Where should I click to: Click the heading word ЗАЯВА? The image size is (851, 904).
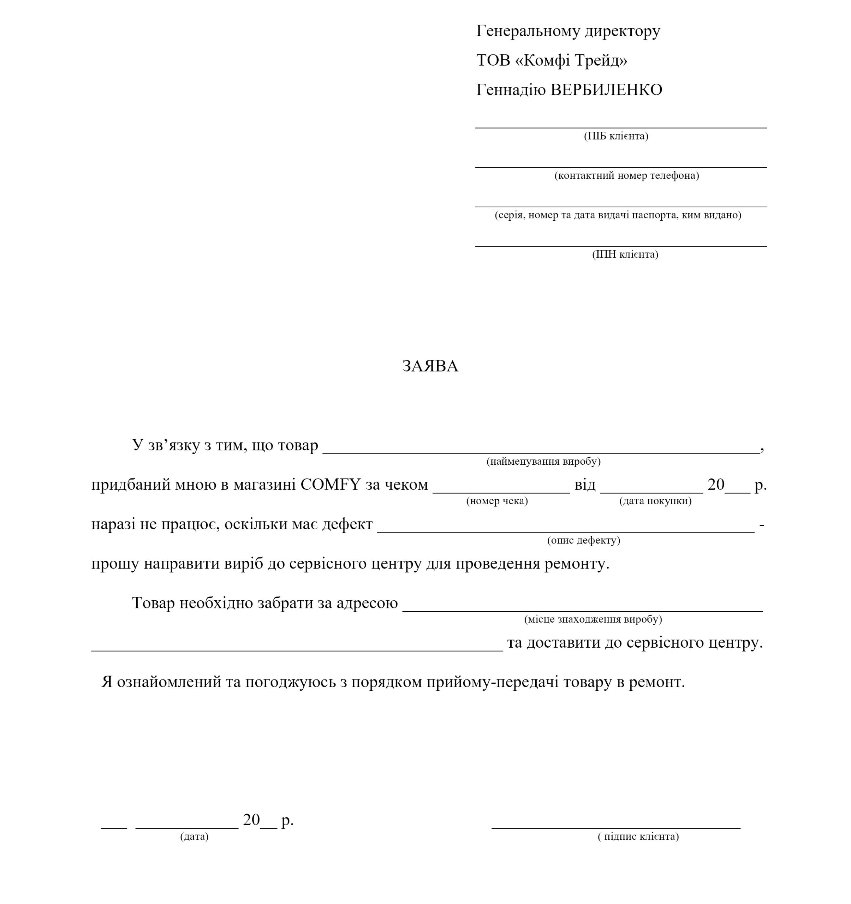click(x=430, y=367)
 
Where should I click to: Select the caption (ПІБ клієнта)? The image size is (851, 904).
click(x=615, y=136)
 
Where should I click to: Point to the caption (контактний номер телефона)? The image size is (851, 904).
click(x=626, y=176)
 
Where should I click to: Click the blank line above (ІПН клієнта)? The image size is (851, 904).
click(x=620, y=246)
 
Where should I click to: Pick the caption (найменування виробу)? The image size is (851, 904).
click(x=543, y=462)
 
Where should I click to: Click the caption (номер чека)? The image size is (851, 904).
click(x=497, y=501)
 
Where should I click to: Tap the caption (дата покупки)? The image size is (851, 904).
click(x=655, y=501)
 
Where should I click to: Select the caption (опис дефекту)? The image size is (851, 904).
click(x=583, y=540)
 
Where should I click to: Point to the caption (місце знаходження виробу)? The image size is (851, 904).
click(x=593, y=619)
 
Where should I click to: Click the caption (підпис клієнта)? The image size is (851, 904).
click(x=638, y=837)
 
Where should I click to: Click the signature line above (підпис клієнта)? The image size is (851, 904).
click(x=615, y=828)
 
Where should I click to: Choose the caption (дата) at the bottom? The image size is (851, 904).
click(x=194, y=837)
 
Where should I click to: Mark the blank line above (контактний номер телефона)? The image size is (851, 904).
click(x=620, y=167)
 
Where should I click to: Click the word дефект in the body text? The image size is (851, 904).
click(x=347, y=524)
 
